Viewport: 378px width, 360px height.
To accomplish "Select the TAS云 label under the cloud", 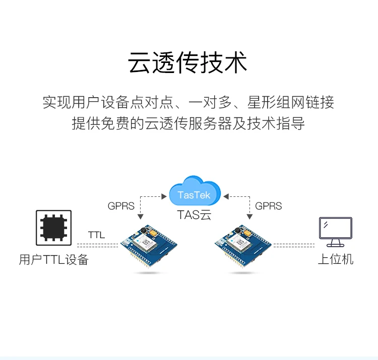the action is point(194,215).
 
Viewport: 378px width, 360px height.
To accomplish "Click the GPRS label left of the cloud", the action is point(121,206).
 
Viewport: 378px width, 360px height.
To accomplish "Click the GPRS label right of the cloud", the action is point(268,206).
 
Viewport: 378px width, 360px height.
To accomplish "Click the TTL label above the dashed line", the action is point(96,235).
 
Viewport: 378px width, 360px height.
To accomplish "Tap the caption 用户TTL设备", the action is point(53,260).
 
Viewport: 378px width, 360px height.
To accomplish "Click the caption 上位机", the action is point(336,259).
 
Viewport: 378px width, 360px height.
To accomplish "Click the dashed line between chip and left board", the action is point(97,245).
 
